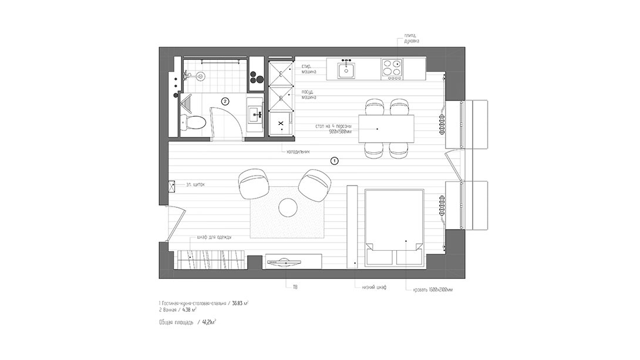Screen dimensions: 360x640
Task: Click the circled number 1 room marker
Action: click(x=334, y=160)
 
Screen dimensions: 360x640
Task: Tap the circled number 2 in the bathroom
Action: click(x=224, y=101)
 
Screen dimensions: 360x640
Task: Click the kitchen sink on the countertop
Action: click(x=346, y=70)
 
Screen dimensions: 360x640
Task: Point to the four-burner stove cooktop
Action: click(x=393, y=69)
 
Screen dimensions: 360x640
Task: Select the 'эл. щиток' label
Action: click(x=196, y=185)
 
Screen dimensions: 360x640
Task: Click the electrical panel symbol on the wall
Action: click(x=172, y=186)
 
